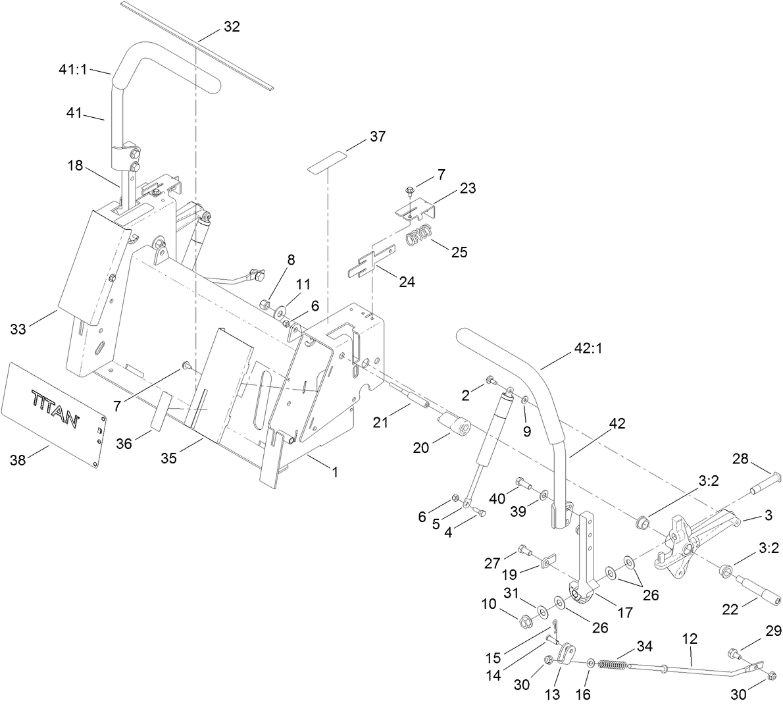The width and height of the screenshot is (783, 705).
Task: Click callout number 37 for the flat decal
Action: click(377, 137)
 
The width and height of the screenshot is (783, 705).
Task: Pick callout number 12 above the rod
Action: click(690, 638)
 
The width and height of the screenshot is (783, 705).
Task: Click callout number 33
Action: click(18, 328)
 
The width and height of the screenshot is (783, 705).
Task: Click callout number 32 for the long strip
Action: click(232, 27)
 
